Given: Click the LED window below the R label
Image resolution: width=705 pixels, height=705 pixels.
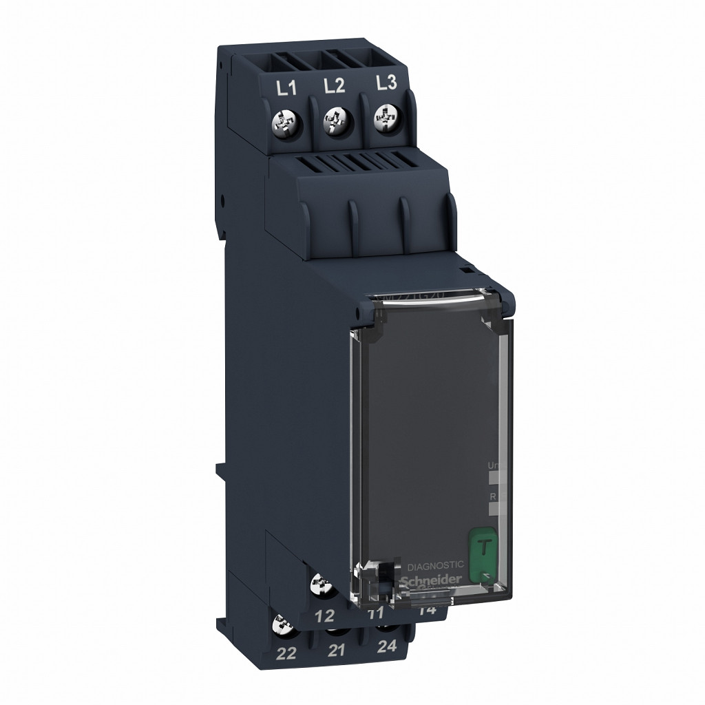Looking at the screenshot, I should [493, 508].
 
